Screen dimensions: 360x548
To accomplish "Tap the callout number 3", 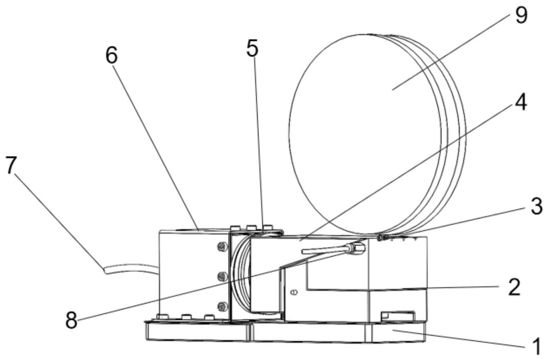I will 536,205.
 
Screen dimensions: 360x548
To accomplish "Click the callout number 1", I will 536,345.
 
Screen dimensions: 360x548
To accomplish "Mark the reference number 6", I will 111,56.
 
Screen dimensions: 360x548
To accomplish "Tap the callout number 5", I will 252,48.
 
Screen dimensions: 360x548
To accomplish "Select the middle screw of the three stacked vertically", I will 220,276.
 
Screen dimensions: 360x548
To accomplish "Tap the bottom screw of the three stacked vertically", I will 220,307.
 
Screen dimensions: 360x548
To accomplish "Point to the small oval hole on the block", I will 294,293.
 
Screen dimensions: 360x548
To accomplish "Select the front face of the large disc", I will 361,132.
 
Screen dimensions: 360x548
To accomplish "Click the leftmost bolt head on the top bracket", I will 235,227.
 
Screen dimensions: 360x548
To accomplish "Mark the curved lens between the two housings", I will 240,276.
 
